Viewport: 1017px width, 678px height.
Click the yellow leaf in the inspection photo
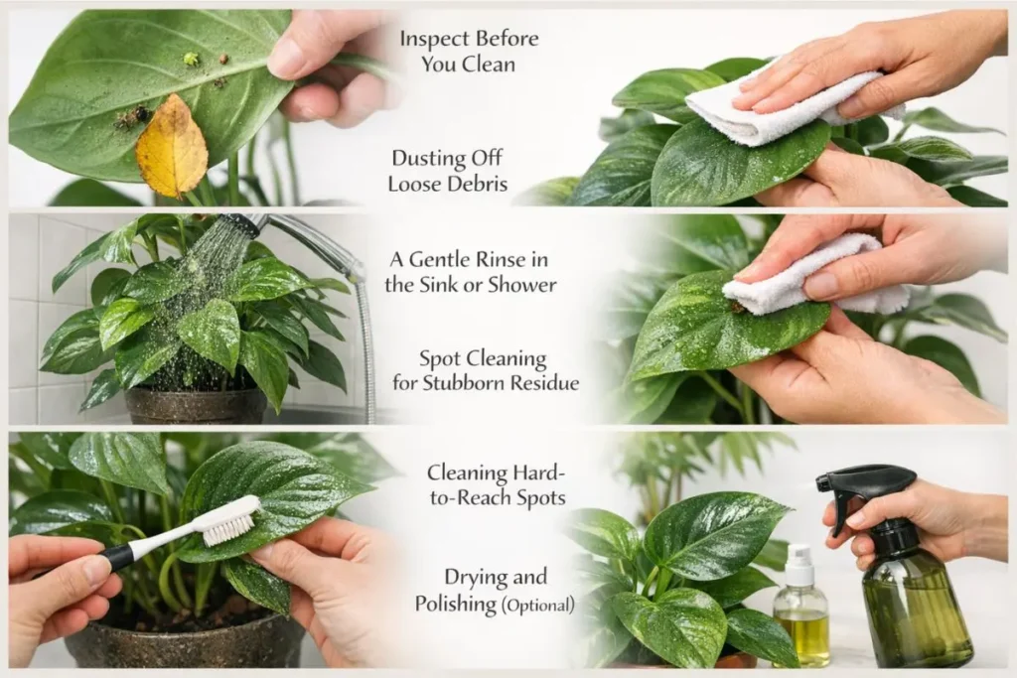pos(171,147)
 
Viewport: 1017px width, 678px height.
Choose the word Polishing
pos(455,605)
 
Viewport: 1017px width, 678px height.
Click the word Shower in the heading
pos(521,285)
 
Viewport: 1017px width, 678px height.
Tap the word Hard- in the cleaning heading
pos(538,474)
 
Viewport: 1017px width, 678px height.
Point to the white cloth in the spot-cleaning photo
pos(806,276)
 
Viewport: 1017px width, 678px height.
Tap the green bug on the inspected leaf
pos(191,59)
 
